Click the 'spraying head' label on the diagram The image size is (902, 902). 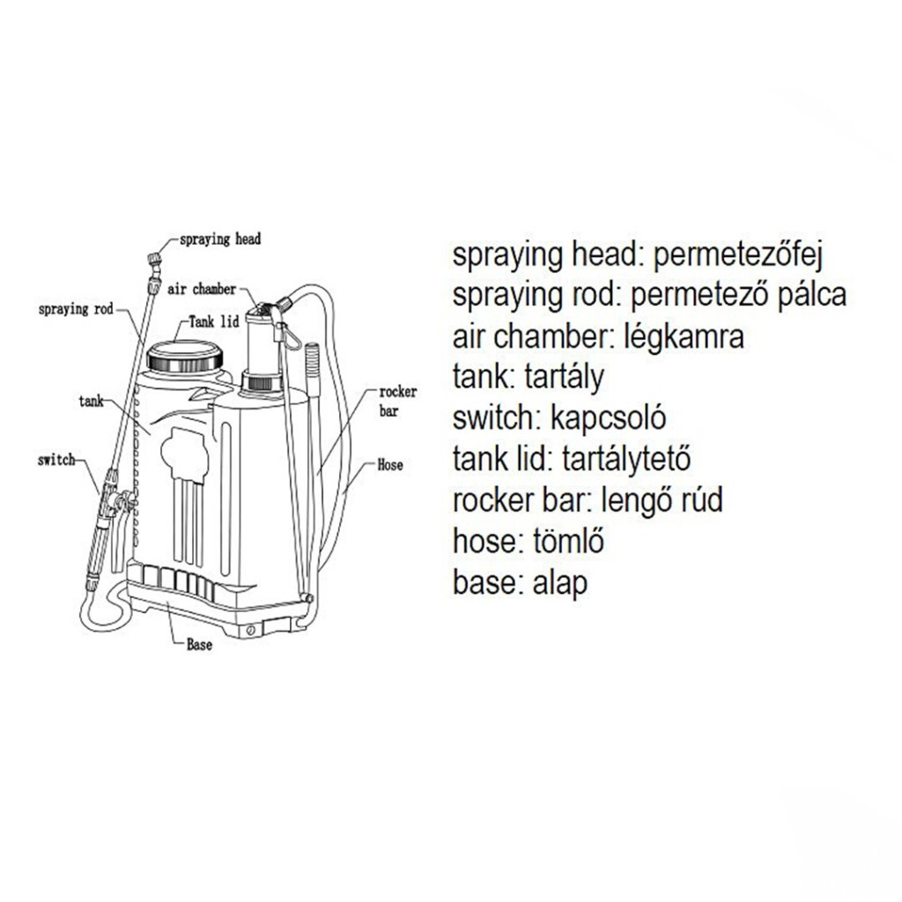coord(219,240)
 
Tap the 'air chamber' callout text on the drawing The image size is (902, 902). coord(202,289)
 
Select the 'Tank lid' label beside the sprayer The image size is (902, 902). coord(214,321)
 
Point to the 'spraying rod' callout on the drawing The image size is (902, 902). coord(76,309)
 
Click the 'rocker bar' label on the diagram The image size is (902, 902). coord(398,401)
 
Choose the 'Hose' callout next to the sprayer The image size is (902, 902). coord(390,464)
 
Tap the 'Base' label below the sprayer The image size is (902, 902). coord(200,645)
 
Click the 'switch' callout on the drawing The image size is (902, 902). coord(56,460)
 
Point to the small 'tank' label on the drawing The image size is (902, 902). coord(91,401)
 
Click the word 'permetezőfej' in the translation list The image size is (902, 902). coord(738,255)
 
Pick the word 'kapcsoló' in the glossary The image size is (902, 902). coord(608,418)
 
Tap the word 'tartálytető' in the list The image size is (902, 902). coord(626,459)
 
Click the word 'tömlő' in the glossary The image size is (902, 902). coord(568,541)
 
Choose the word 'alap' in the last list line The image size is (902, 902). coord(560,583)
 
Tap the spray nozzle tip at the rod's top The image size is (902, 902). coord(153,259)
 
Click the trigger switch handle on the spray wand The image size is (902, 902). coord(118,535)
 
